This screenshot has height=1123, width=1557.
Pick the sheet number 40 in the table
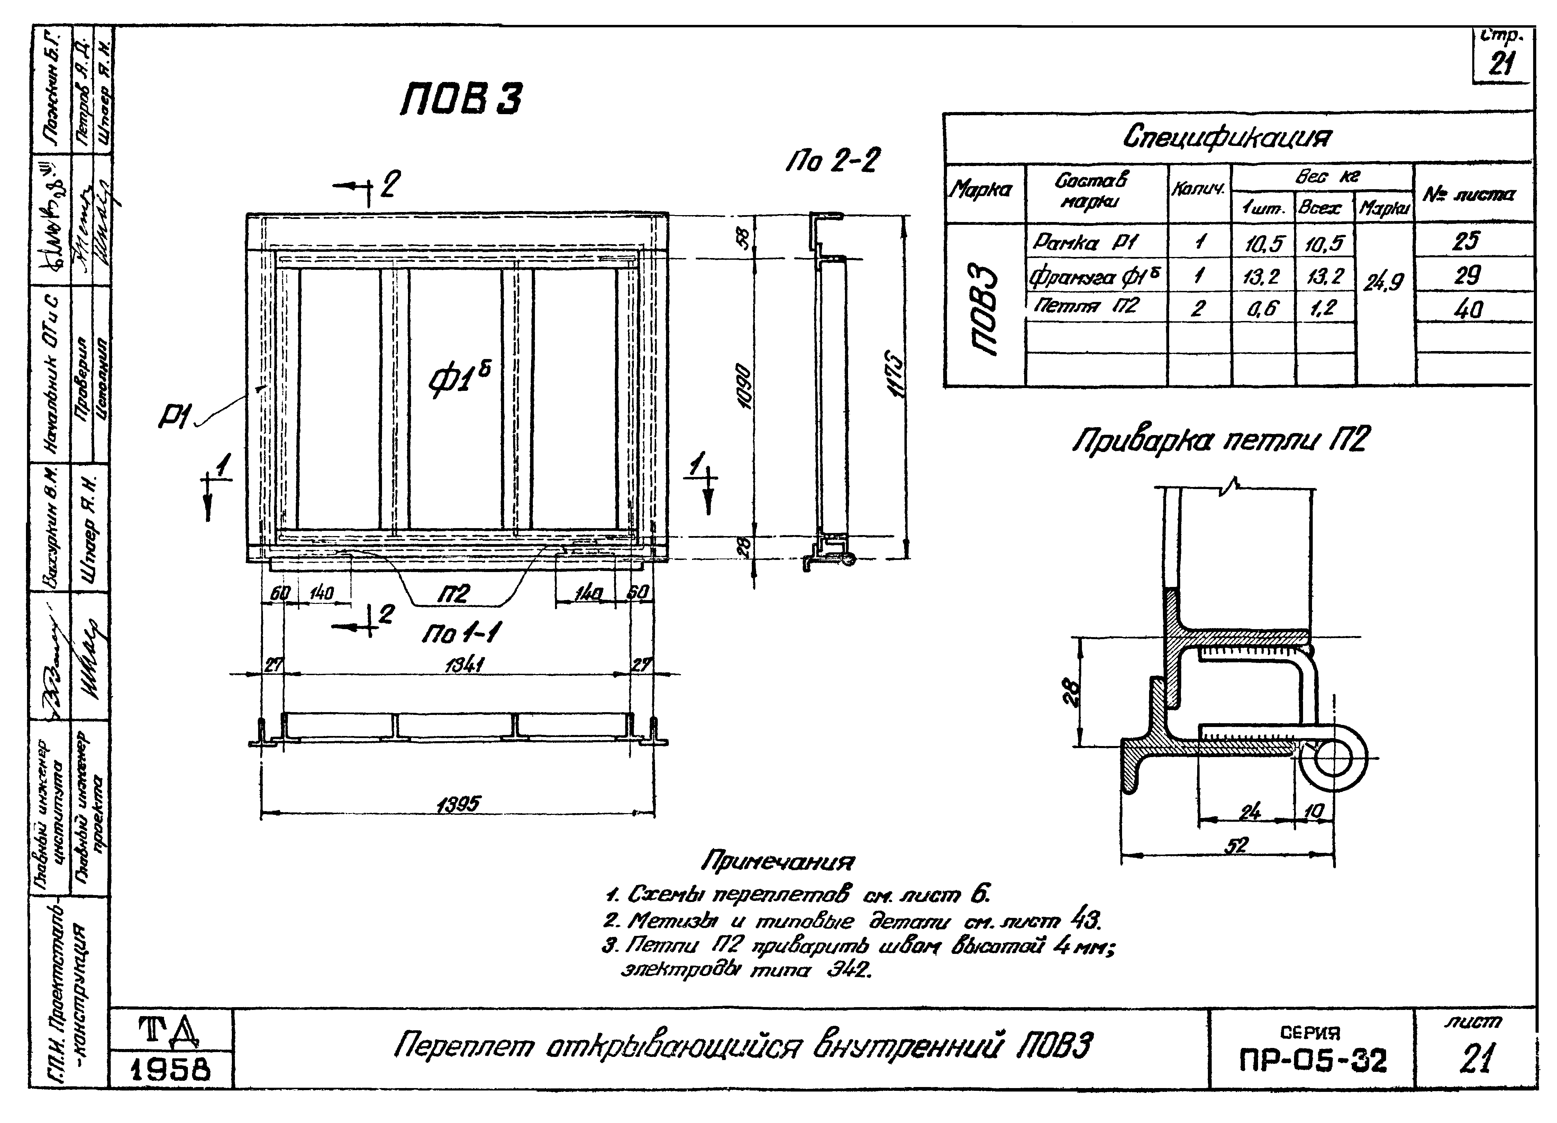coord(1468,309)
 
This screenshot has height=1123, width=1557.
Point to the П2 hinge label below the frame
coord(453,594)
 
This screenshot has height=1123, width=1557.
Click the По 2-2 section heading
coord(832,161)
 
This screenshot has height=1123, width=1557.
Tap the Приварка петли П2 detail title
coord(1220,439)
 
